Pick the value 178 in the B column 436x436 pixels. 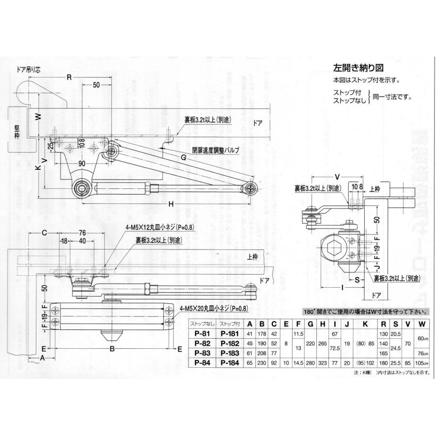[x=262, y=334]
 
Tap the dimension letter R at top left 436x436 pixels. [x=69, y=77]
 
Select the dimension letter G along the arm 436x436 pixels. [x=184, y=157]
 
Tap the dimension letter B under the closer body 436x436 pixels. [x=111, y=348]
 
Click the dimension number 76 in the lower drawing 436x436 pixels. [x=82, y=233]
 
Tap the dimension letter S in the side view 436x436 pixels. [x=356, y=280]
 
